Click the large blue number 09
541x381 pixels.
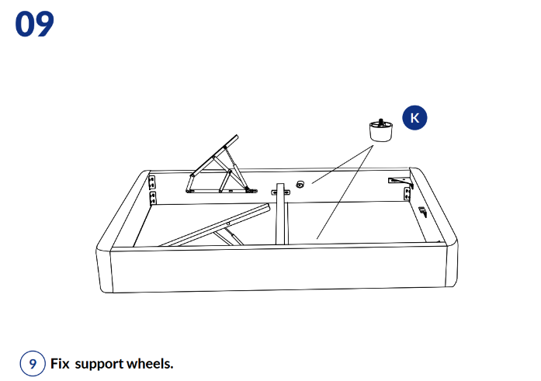tap(34, 24)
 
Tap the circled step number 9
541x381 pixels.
tap(33, 363)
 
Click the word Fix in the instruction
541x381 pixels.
tap(60, 363)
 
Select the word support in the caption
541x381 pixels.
tap(99, 365)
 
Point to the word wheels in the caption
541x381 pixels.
tap(150, 363)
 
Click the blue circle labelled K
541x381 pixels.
tap(414, 118)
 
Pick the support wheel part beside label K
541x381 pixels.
tap(381, 130)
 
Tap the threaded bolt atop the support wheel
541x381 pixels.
tap(381, 122)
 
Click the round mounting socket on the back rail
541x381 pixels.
tap(300, 185)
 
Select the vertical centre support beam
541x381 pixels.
tap(282, 213)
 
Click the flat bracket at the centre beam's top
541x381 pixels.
tap(280, 192)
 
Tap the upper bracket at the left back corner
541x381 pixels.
tap(152, 182)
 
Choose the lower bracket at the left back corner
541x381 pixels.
tap(152, 198)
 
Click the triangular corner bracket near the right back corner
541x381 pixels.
tap(401, 182)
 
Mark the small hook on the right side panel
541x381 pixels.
tap(423, 211)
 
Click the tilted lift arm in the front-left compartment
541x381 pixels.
tap(214, 226)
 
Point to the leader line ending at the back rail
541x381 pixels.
tap(342, 165)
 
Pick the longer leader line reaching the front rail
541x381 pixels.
tap(345, 192)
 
